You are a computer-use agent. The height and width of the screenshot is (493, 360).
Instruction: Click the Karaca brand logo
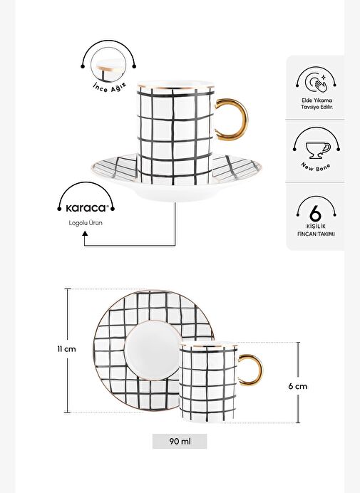(x=86, y=208)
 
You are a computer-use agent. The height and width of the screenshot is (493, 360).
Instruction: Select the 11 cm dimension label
(x=66, y=349)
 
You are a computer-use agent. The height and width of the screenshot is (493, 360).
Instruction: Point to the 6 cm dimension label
(x=298, y=386)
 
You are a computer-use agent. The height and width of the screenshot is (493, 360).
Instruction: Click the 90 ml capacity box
(x=180, y=441)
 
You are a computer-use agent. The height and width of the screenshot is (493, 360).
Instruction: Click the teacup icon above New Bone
(x=318, y=150)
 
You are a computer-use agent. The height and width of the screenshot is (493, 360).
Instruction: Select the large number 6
(x=315, y=214)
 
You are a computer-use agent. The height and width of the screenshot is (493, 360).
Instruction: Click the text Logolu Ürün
(x=86, y=223)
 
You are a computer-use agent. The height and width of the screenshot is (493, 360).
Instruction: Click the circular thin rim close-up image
(x=108, y=65)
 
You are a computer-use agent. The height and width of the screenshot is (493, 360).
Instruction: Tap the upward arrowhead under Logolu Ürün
(x=85, y=234)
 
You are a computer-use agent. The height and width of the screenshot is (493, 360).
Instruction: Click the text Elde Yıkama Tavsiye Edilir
(x=317, y=103)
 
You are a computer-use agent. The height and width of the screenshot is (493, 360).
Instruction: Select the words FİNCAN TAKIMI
(x=316, y=234)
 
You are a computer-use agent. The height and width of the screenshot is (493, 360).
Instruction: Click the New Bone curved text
(x=316, y=167)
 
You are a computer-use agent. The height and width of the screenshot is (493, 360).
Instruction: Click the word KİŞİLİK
(x=316, y=227)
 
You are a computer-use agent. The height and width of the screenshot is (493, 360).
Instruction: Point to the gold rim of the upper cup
(x=175, y=86)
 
